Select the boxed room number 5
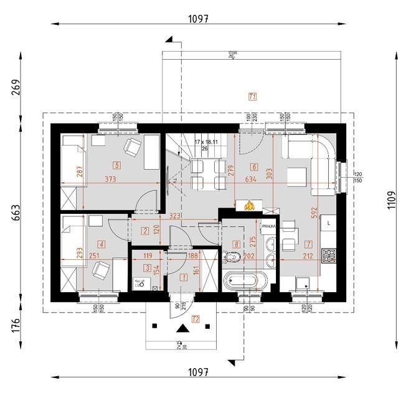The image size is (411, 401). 116,165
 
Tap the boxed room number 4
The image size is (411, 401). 102,244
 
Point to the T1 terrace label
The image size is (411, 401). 252,96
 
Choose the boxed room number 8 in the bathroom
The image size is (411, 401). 236,244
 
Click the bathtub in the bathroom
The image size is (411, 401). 240,280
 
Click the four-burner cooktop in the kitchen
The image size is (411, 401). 328,254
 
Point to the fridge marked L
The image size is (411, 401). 329,222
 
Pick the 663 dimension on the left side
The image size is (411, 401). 16,213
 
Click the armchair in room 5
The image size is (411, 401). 132,147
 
